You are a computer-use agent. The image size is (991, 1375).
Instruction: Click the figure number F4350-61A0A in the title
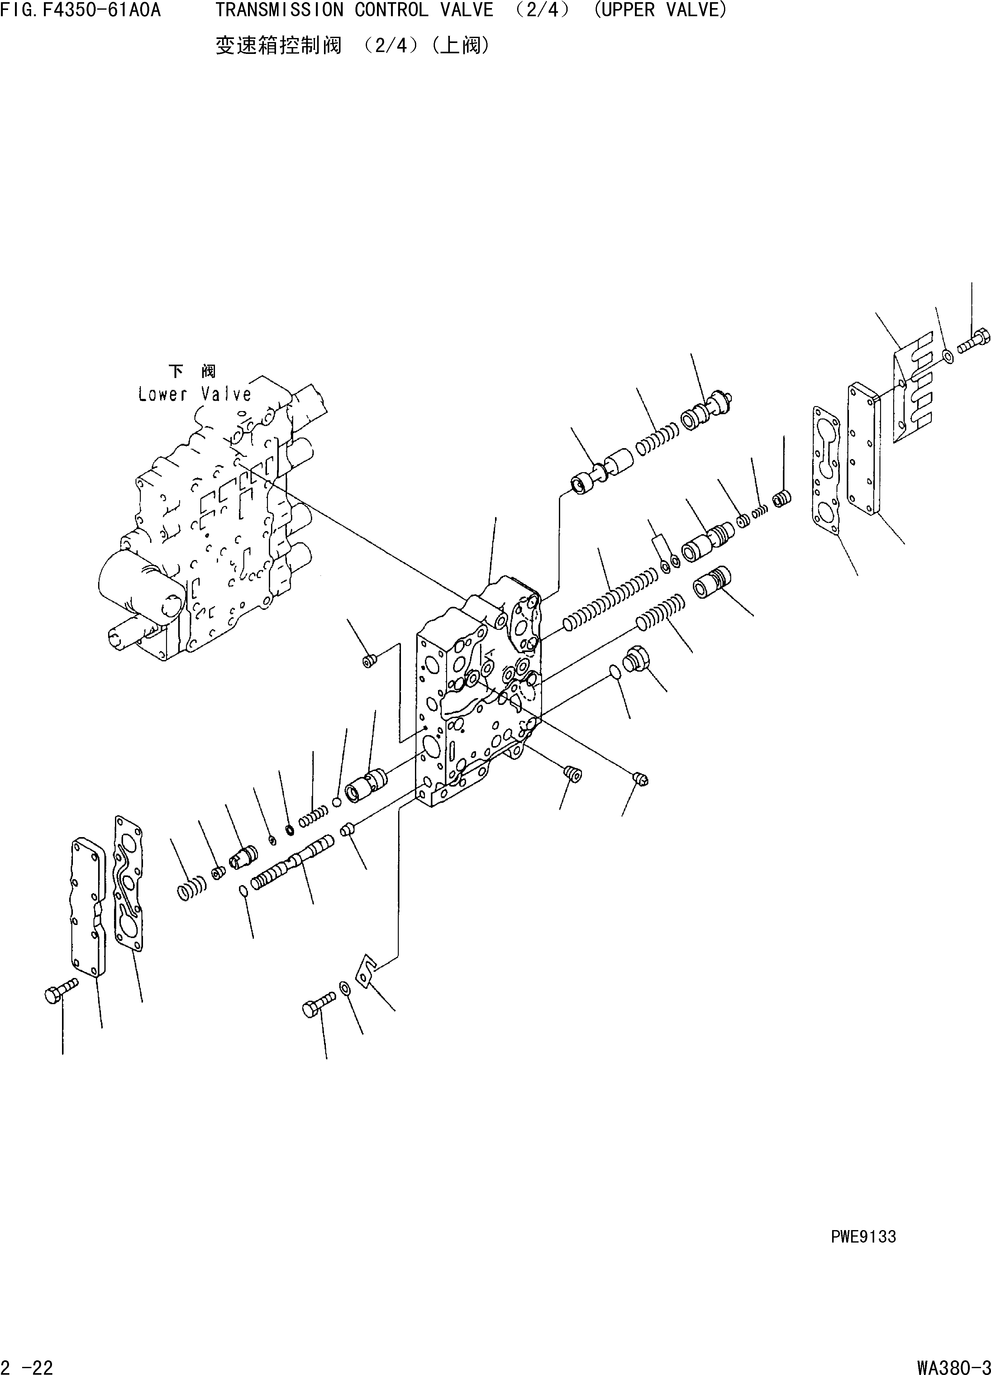coord(101,10)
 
